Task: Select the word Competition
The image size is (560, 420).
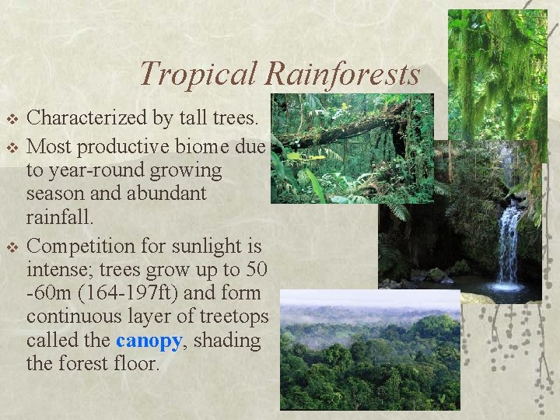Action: pyautogui.click(x=79, y=247)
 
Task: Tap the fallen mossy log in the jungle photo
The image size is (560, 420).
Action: pyautogui.click(x=342, y=128)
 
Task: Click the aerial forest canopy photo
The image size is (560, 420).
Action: pyautogui.click(x=369, y=354)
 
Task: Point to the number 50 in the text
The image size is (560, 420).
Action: pyautogui.click(x=253, y=271)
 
